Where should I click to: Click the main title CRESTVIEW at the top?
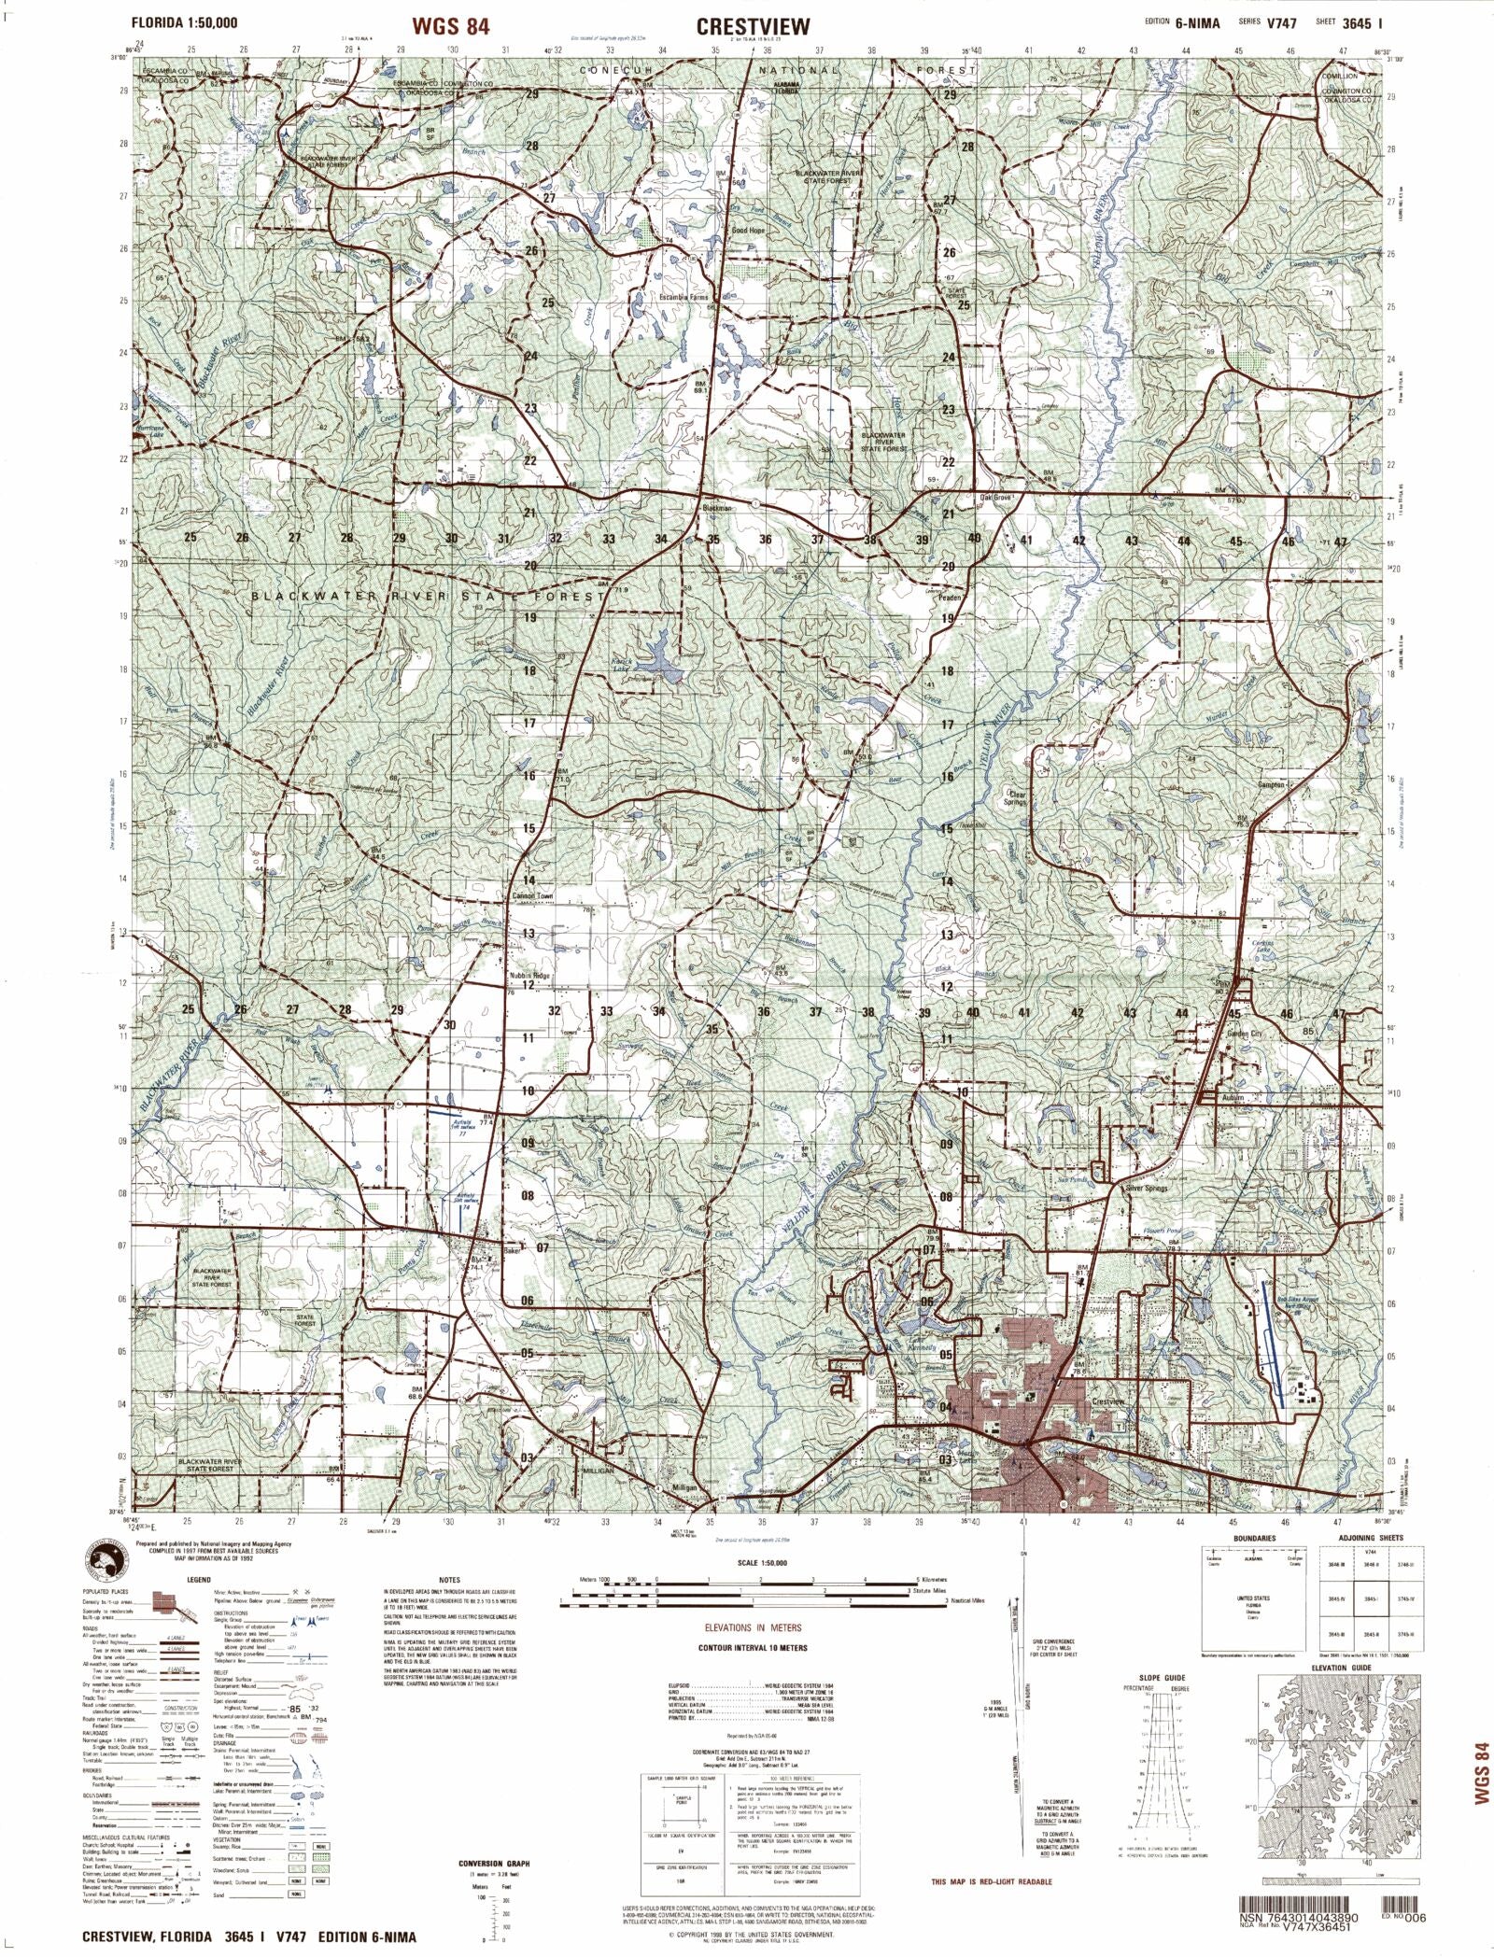tap(753, 26)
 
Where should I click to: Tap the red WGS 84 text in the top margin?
tap(450, 26)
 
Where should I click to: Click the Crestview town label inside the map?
tap(1107, 1401)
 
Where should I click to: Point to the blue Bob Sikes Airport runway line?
tap(1270, 1345)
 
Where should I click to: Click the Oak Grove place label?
tap(995, 498)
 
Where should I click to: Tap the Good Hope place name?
tap(747, 230)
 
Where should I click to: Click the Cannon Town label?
tap(533, 896)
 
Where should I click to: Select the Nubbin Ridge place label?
tap(530, 975)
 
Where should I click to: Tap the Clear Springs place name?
tap(1015, 798)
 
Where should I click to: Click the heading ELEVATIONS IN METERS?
tap(753, 1626)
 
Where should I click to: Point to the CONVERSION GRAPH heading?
tap(494, 1837)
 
